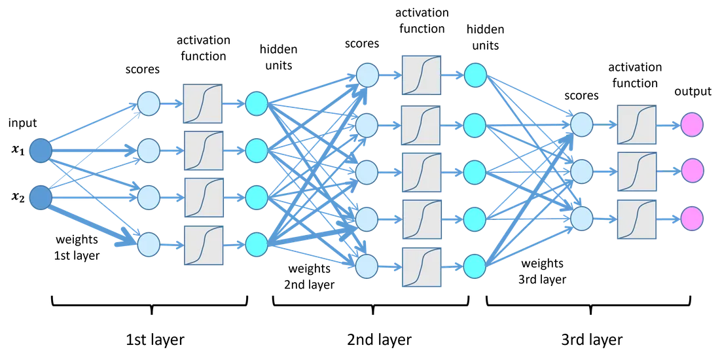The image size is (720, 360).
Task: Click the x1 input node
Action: click(41, 151)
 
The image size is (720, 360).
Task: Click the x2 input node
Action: click(41, 197)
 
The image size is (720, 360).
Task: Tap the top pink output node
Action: click(692, 124)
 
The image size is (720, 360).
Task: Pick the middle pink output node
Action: click(692, 170)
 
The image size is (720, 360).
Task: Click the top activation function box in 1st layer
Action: click(202, 103)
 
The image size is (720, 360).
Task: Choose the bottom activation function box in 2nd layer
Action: click(421, 267)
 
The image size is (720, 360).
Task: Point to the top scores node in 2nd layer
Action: click(367, 75)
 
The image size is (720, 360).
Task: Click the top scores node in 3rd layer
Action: click(582, 124)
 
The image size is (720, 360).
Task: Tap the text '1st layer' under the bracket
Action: click(154, 340)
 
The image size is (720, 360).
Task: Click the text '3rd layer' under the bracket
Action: click(592, 340)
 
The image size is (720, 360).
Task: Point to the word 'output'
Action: click(693, 92)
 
